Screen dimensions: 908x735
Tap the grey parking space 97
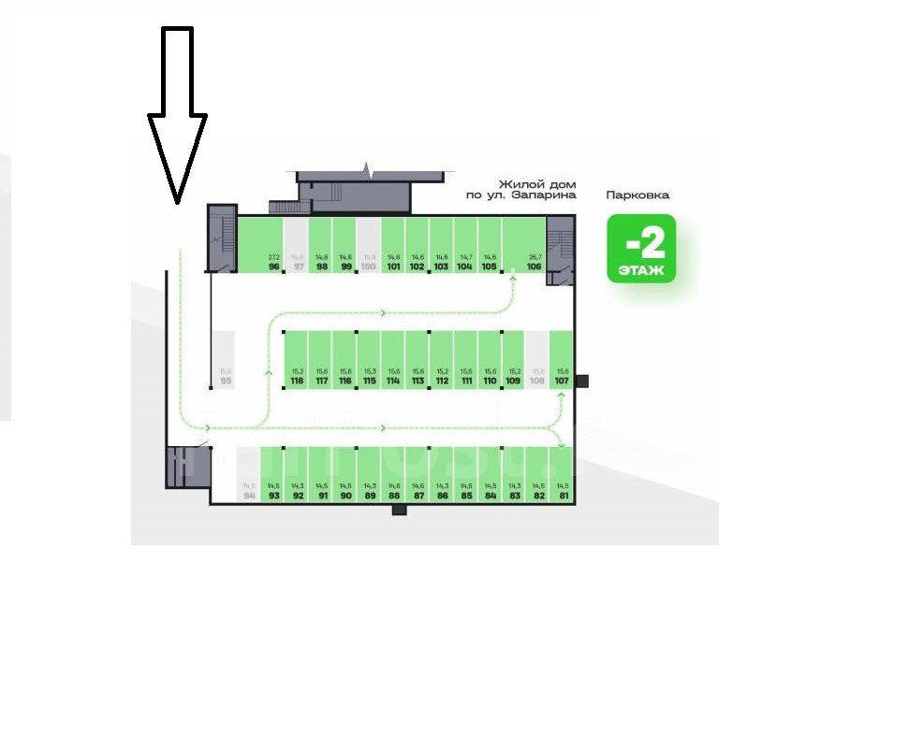coord(298,245)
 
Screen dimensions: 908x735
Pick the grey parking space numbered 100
coord(368,245)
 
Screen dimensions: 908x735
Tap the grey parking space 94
coord(249,475)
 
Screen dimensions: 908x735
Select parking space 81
coord(563,475)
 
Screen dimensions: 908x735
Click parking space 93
coord(273,475)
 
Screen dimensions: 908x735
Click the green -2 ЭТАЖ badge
coord(641,249)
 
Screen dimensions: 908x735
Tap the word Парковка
coord(637,196)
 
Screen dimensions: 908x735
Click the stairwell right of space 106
coord(562,245)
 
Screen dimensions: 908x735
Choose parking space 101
coord(393,245)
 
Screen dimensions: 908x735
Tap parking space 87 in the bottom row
coord(418,475)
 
